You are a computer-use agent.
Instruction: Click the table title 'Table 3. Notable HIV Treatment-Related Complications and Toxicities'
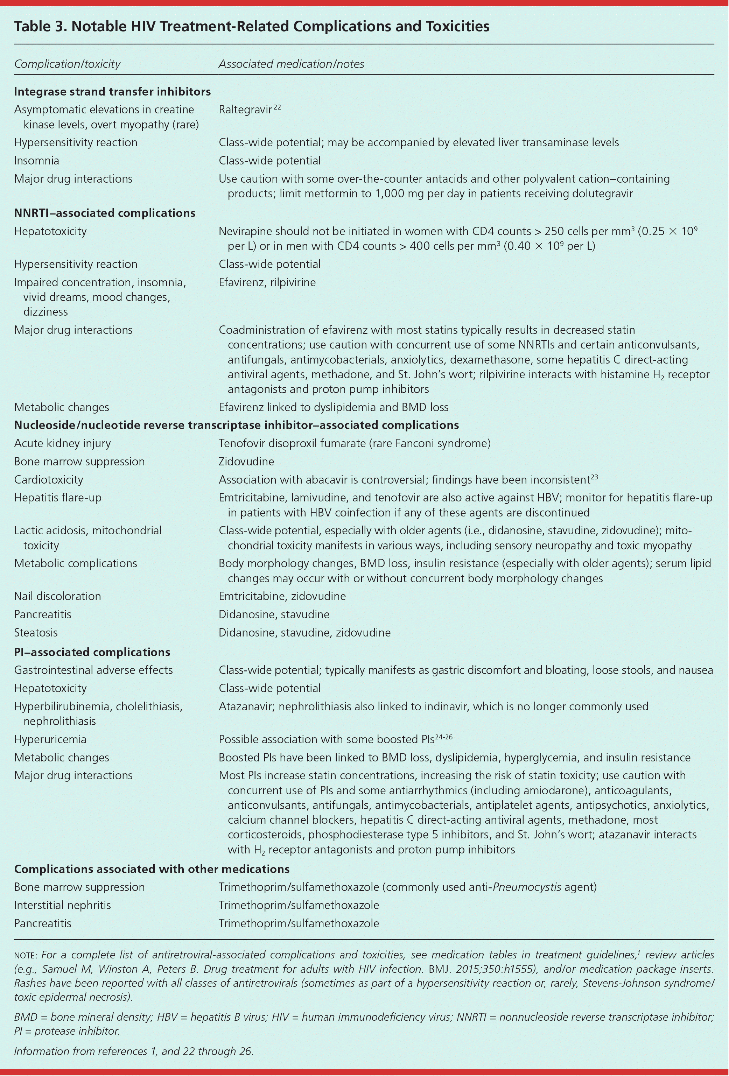pyautogui.click(x=252, y=26)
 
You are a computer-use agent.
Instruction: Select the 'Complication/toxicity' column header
pyautogui.click(x=67, y=64)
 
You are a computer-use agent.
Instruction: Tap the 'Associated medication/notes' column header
pyautogui.click(x=291, y=64)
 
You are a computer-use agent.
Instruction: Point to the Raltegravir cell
pyautogui.click(x=245, y=110)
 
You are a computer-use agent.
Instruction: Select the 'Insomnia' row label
pyautogui.click(x=37, y=161)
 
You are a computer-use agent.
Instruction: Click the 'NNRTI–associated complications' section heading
pyautogui.click(x=105, y=213)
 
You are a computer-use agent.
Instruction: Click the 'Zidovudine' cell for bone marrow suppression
pyautogui.click(x=246, y=462)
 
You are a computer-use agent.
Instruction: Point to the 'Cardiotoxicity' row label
pyautogui.click(x=49, y=480)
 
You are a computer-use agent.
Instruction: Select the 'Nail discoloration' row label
pyautogui.click(x=57, y=596)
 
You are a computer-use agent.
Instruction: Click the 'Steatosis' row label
pyautogui.click(x=36, y=632)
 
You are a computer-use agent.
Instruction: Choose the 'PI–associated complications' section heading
pyautogui.click(x=92, y=652)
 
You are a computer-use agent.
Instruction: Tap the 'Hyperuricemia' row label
pyautogui.click(x=50, y=739)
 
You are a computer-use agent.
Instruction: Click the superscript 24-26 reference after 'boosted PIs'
pyautogui.click(x=443, y=736)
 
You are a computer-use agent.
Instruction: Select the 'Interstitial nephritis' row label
pyautogui.click(x=63, y=905)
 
